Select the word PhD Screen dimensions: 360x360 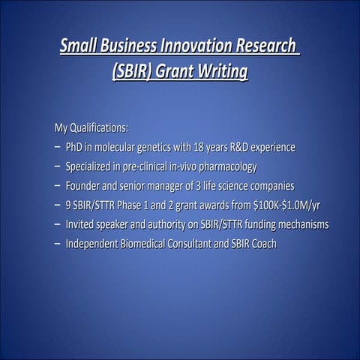pos(75,145)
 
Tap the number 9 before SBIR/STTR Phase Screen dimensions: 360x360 pos(69,204)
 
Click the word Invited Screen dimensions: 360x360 pos(81,223)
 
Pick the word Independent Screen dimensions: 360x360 pos(94,244)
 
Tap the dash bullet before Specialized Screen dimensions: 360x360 pos(57,165)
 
